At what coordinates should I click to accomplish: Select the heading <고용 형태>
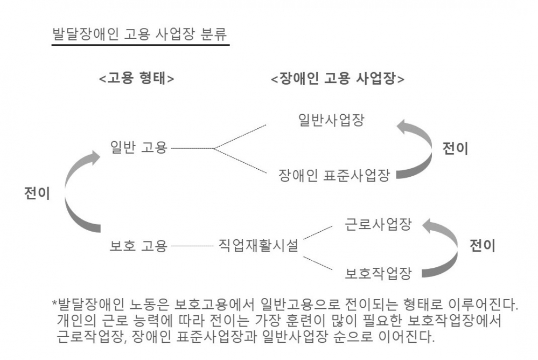pos(136,79)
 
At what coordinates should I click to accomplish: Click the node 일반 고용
pos(138,147)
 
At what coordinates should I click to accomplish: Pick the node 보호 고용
pos(138,246)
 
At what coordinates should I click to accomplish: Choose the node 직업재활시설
pos(258,246)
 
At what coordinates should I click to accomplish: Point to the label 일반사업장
pos(331,120)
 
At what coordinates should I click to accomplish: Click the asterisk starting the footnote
pos(54,303)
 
